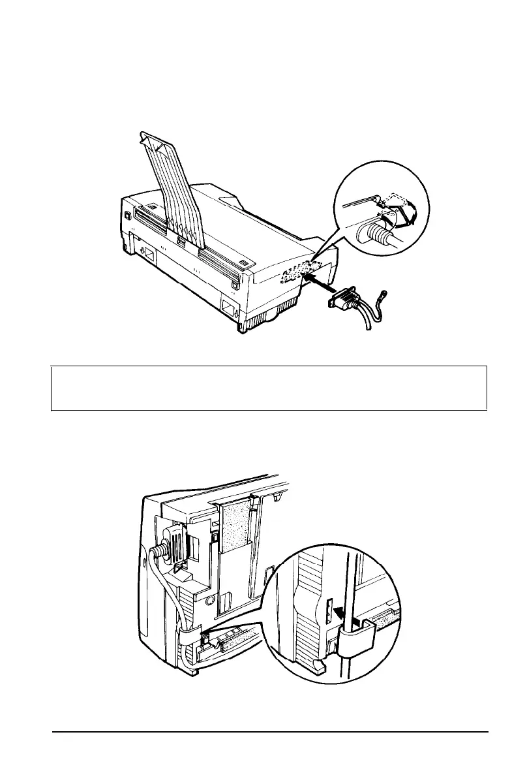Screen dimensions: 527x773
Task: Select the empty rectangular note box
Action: click(x=269, y=388)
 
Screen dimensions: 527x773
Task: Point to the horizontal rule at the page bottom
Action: click(x=270, y=732)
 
